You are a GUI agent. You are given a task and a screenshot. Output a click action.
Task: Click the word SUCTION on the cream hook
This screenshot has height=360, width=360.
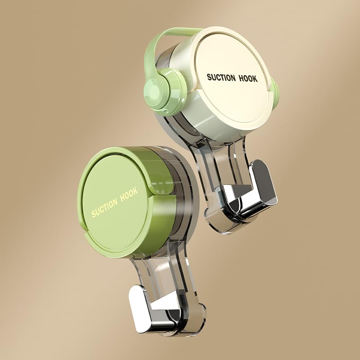[220, 77]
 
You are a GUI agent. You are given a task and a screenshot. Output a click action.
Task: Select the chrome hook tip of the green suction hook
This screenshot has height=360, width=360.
[139, 306]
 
